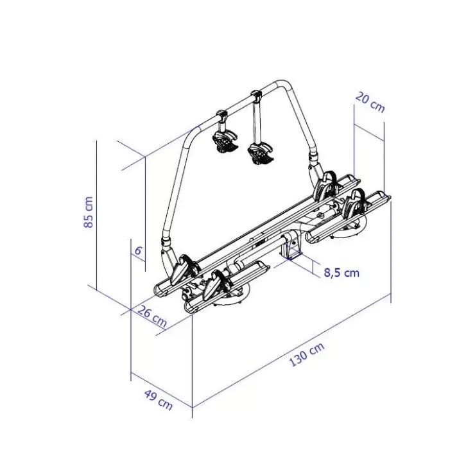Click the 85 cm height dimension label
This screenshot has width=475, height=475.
coord(88,212)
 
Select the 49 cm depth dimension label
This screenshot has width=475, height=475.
coord(158,400)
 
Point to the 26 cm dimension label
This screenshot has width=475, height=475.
coord(153,316)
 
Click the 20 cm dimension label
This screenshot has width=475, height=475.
coord(370,103)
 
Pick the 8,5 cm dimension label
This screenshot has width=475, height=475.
coord(341,273)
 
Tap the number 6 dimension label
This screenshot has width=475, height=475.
coord(138,251)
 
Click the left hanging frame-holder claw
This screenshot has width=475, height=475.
coord(225,141)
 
